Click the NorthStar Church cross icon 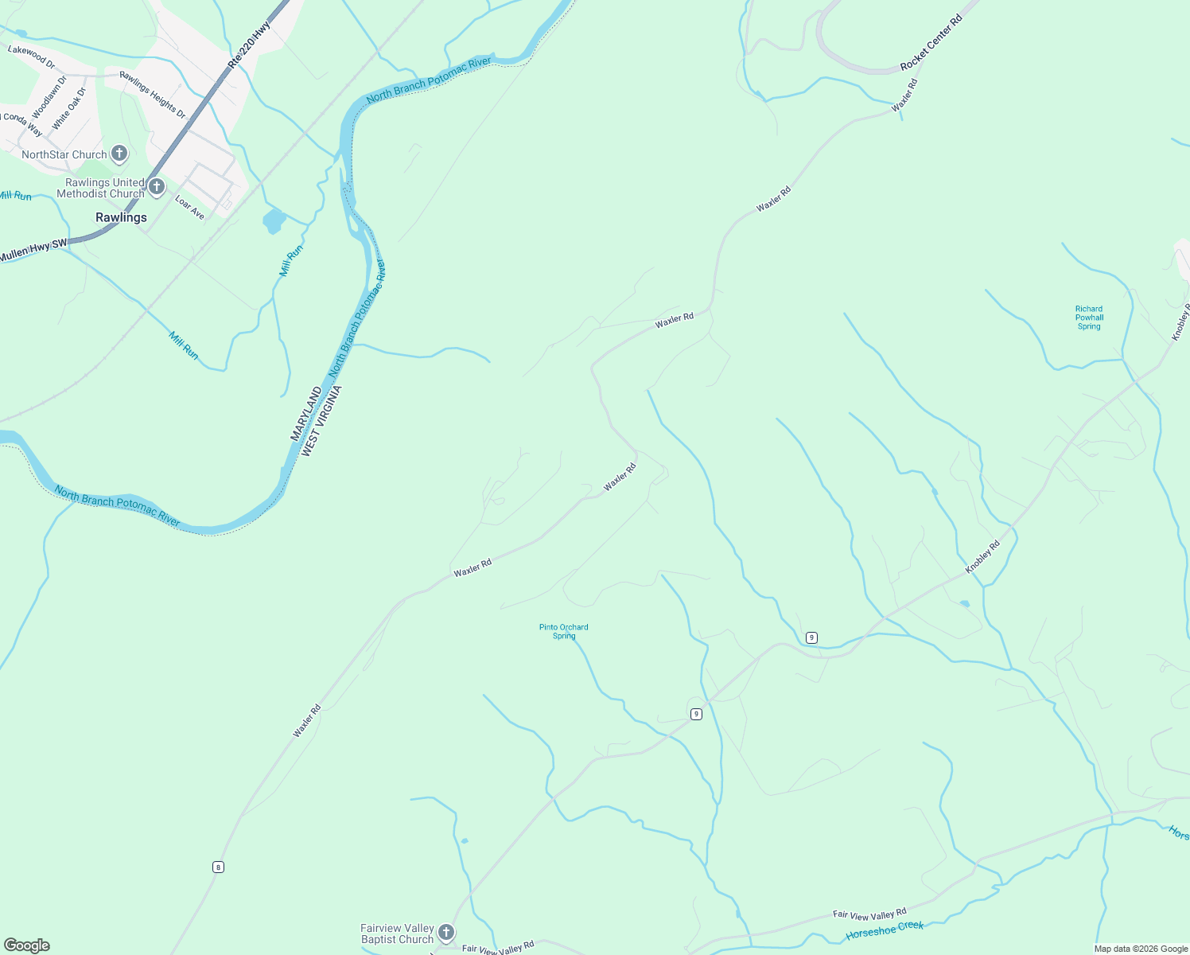119,154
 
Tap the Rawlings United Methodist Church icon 157,188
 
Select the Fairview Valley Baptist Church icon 446,933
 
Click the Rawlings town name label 121,217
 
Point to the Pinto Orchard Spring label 563,631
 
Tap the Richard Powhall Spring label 1089,318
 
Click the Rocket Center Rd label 931,42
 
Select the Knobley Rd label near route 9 982,557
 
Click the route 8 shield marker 218,867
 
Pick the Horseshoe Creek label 885,930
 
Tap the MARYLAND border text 306,414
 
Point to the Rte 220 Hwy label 249,43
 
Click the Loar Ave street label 189,209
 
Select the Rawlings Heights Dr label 152,95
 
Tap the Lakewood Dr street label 31,56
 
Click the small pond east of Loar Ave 274,220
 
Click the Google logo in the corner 27,945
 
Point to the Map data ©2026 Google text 1141,949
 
